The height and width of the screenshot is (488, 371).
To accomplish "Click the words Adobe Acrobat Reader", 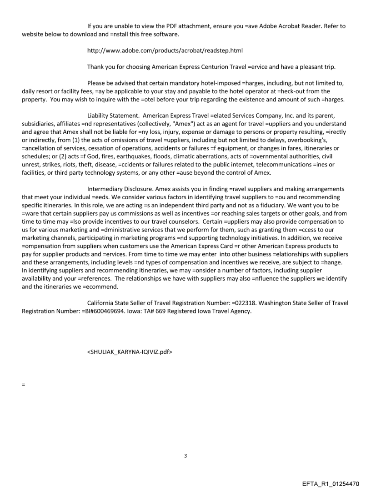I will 281,26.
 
